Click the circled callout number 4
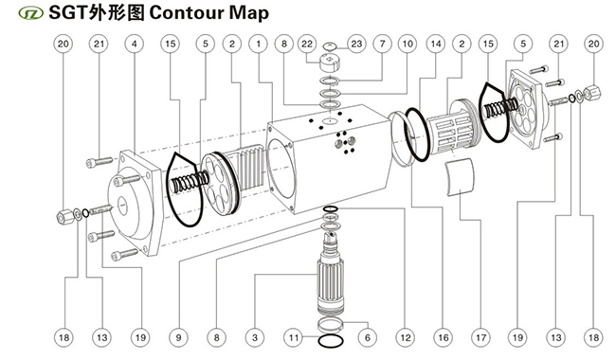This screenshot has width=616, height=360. [x=135, y=44]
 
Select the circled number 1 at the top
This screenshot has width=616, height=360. [x=259, y=44]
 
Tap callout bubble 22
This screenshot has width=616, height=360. [x=307, y=44]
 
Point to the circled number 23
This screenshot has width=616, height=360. [x=356, y=44]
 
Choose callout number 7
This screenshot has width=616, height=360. [x=383, y=44]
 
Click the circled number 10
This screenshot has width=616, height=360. [x=408, y=44]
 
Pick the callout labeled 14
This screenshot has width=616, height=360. [x=436, y=44]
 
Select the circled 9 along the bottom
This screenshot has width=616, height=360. [x=179, y=337]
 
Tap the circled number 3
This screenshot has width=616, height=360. [x=255, y=337]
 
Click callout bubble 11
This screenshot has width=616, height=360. [x=294, y=337]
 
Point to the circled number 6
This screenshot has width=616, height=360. [x=368, y=337]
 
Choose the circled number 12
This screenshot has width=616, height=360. [x=406, y=337]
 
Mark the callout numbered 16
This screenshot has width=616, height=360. [x=444, y=337]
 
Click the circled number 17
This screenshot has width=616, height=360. [x=480, y=337]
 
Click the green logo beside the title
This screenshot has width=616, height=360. [x=31, y=13]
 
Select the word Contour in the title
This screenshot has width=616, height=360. [x=187, y=13]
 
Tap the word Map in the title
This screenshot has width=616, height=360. [x=249, y=14]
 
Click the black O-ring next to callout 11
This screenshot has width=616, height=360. [x=331, y=341]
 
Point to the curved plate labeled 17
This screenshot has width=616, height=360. [x=460, y=176]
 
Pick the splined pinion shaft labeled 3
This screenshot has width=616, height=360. [x=330, y=275]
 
